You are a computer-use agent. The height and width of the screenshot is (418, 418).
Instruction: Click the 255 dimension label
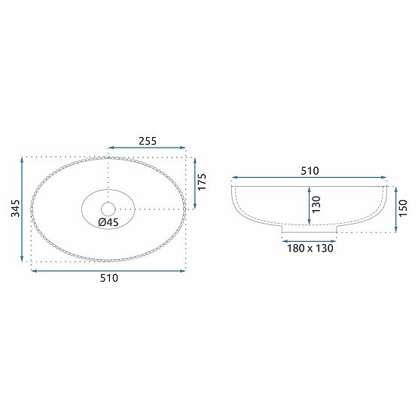147,139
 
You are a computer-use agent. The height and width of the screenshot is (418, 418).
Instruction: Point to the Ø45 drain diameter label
108,222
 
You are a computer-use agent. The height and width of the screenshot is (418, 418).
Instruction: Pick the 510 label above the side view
309,171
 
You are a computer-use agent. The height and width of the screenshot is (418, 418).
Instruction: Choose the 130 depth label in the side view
317,203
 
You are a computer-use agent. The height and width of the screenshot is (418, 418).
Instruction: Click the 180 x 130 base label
309,248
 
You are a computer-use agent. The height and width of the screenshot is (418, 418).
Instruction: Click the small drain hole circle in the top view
108,208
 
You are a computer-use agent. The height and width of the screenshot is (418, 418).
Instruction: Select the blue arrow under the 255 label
147,148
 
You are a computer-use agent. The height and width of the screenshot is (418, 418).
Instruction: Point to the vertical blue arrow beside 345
23,209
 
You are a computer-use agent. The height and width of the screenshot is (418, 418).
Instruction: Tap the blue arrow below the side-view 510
309,180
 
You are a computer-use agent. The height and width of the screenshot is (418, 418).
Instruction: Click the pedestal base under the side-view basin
309,227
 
